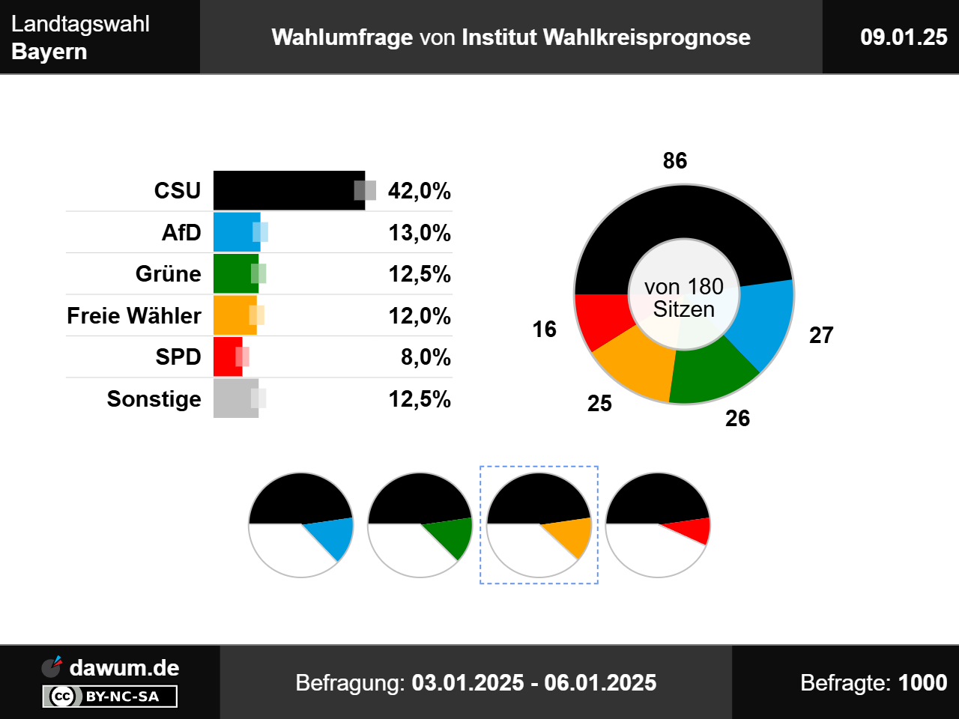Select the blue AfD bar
click(x=237, y=232)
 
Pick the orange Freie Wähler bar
click(x=235, y=315)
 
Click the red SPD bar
click(x=227, y=357)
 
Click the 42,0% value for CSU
click(x=420, y=192)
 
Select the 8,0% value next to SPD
click(x=426, y=357)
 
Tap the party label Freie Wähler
click(x=134, y=316)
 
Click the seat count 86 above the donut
click(x=675, y=160)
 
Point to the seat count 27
click(x=821, y=335)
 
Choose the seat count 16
click(x=545, y=329)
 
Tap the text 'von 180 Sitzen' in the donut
click(x=684, y=298)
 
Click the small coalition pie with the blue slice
click(x=300, y=525)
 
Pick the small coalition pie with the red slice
click(x=658, y=525)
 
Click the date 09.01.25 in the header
click(x=904, y=37)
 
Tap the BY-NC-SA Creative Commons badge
click(x=110, y=697)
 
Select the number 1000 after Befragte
click(x=922, y=683)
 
